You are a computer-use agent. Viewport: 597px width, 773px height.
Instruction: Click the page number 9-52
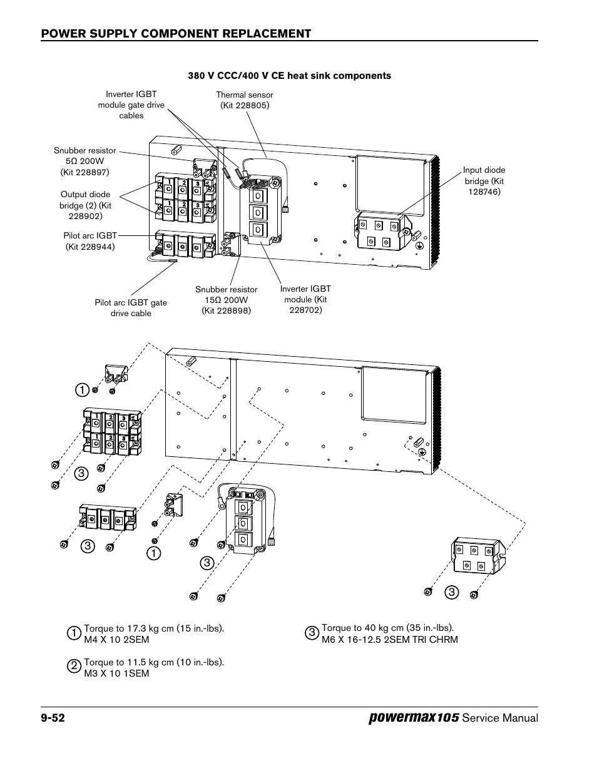tap(53, 718)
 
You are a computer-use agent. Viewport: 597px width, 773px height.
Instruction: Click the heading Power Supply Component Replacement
tap(176, 34)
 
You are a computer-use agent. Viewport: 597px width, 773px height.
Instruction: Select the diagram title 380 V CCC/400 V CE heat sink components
tap(290, 76)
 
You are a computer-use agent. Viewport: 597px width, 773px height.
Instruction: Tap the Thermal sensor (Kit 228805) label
tap(245, 100)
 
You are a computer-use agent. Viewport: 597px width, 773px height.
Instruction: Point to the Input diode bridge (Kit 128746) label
tap(484, 181)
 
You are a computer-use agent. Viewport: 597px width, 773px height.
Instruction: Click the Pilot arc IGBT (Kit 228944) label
tap(90, 241)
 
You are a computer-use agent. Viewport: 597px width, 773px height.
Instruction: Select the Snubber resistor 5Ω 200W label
tap(85, 161)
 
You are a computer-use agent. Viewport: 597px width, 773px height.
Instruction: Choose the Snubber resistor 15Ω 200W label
tap(226, 300)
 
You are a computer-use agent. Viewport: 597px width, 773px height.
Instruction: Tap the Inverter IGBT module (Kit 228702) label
tap(305, 299)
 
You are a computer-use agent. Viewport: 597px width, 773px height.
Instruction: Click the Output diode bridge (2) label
tap(85, 205)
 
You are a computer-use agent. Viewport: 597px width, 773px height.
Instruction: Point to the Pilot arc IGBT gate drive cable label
tap(131, 308)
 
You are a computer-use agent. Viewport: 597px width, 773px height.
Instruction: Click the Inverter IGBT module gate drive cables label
tap(131, 105)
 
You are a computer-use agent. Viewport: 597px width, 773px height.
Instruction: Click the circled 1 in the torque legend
tap(74, 633)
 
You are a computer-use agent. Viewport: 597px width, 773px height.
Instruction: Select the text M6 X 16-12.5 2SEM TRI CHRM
tap(389, 640)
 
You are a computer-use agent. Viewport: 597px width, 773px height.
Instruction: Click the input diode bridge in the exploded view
tap(477, 556)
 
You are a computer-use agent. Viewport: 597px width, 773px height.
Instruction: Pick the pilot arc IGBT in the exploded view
tap(107, 517)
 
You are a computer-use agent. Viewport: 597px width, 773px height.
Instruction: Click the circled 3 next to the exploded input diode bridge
tap(451, 592)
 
